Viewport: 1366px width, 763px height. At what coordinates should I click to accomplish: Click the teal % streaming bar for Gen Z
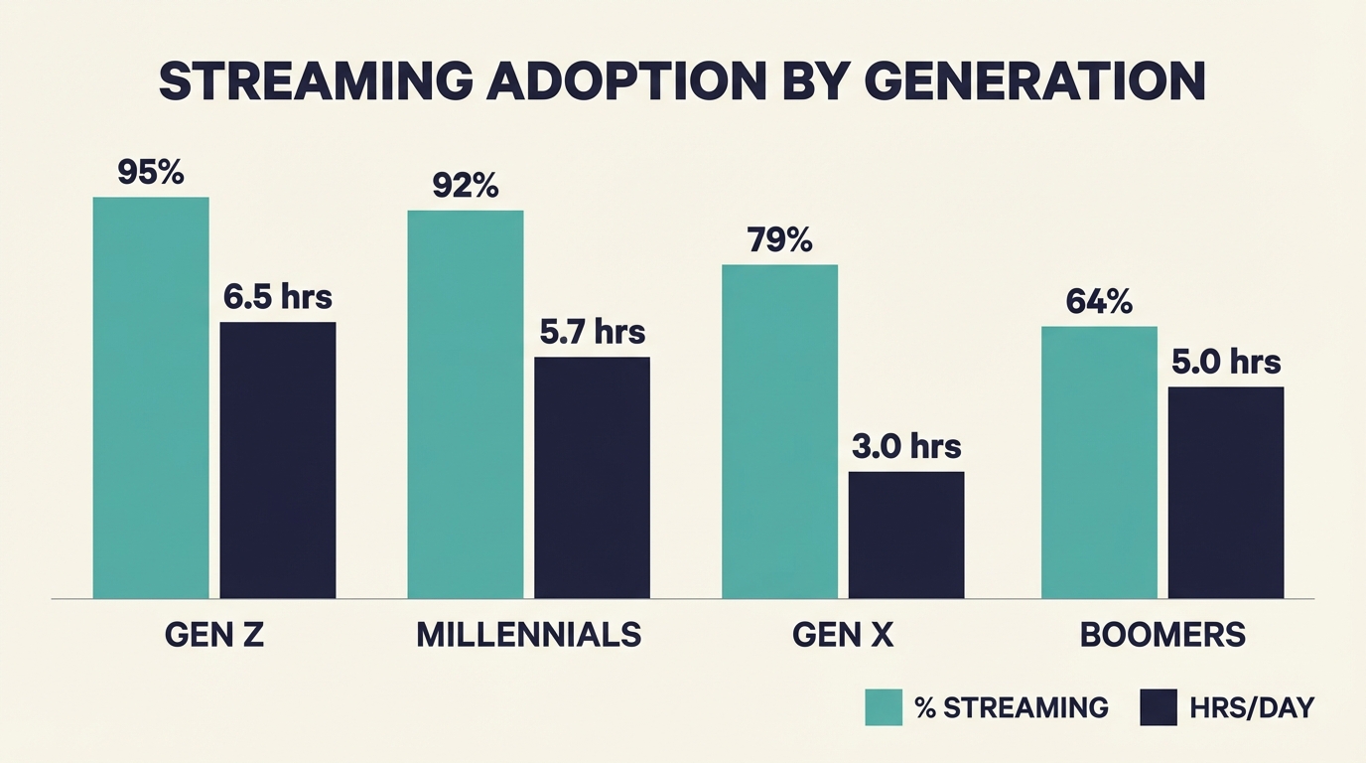coord(151,397)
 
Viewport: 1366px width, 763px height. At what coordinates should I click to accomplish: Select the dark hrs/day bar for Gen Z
coord(278,460)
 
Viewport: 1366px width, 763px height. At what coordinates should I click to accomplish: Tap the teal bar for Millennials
coord(465,404)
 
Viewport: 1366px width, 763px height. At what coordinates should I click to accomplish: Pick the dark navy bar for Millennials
coord(592,477)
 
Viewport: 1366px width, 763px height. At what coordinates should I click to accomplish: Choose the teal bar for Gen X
coord(779,431)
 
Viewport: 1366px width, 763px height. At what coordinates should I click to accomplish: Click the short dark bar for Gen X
coord(906,534)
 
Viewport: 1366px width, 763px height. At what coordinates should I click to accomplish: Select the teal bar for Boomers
coord(1099,462)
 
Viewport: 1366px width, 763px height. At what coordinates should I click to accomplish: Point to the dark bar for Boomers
coord(1226,492)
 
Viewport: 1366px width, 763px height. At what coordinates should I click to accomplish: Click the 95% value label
coord(151,172)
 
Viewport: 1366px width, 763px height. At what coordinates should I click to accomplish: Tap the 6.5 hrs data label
coord(277,296)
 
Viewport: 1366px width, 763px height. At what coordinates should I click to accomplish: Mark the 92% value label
coord(466,186)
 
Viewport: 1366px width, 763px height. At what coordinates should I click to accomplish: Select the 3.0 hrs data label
coord(906,446)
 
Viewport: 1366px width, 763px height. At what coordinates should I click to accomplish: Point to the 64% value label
coord(1099,301)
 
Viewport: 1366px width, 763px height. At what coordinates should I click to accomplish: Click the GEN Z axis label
coord(213,635)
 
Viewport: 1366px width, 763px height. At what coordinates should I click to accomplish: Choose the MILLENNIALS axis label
coord(528,635)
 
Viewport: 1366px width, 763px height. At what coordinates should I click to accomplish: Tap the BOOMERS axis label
coord(1162,635)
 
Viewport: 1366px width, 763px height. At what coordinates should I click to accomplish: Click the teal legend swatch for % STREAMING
coord(884,707)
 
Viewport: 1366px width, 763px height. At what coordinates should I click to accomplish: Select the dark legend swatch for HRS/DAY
coord(1159,707)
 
